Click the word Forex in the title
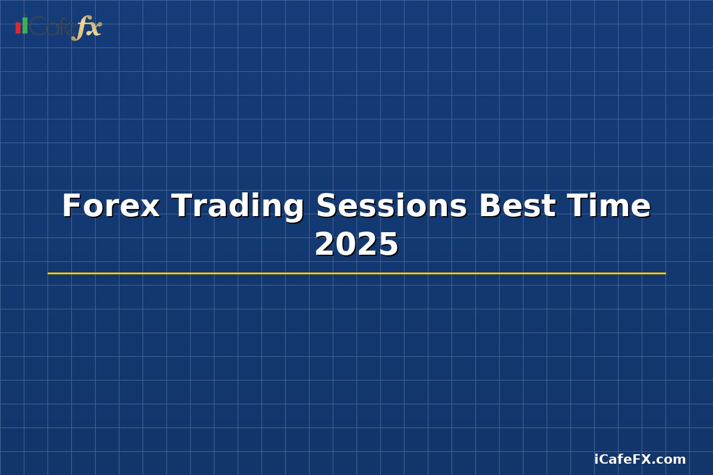coord(111,206)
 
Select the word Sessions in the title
coord(392,206)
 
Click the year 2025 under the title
coord(356,245)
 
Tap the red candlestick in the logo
coord(18,28)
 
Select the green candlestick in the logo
coord(25,25)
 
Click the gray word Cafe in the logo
coord(50,27)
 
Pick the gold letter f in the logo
coord(80,28)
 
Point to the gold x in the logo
coord(94,28)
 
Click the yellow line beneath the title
coord(356,273)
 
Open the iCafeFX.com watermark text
coord(640,459)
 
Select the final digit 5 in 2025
coord(389,245)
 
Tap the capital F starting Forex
coord(71,206)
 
